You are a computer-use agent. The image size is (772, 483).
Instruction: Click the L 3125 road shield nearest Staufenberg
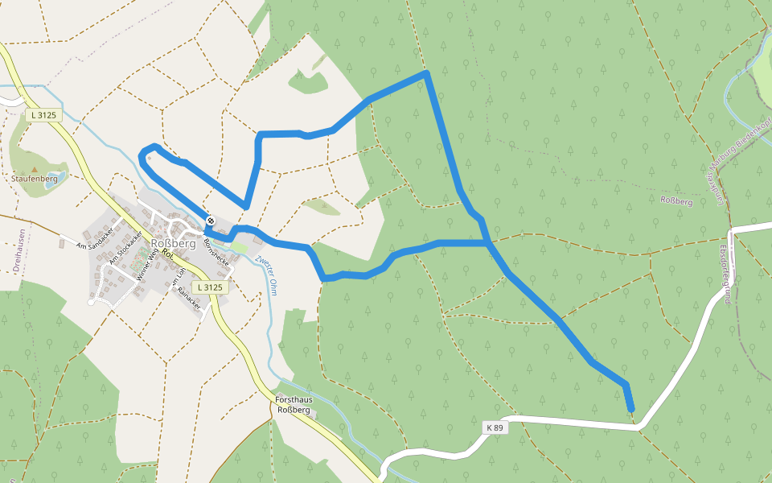[x=42, y=115]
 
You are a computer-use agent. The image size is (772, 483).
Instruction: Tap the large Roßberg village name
[x=174, y=243]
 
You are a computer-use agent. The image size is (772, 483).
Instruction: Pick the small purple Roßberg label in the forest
[x=675, y=201]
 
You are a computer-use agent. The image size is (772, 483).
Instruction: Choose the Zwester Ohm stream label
[x=266, y=275]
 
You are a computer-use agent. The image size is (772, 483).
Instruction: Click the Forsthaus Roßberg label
[x=293, y=405]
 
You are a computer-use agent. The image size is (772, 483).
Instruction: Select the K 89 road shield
[x=495, y=427]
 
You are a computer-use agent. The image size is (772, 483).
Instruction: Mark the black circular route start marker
[x=211, y=220]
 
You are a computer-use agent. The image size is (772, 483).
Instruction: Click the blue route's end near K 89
[x=631, y=411]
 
